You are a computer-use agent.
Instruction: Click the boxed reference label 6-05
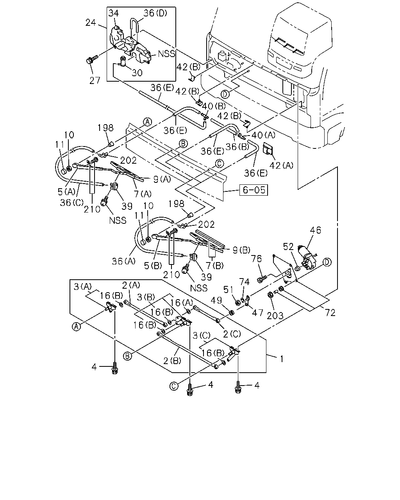coord(254,190)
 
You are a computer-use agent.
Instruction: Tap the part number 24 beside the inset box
coord(91,23)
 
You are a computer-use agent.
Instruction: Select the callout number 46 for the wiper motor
coord(315,230)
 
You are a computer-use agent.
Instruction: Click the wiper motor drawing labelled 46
coord(306,258)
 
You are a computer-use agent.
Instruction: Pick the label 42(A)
coord(282,165)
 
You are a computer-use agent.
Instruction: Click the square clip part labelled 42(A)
coord(268,148)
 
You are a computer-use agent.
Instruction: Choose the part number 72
coord(330,313)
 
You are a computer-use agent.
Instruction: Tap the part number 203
coord(275,316)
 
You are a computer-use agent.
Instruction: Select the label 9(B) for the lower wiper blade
coord(241,250)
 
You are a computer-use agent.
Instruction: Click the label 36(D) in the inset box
coord(155,13)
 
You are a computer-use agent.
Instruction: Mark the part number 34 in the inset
coord(114,13)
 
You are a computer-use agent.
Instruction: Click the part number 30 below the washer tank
coord(137,73)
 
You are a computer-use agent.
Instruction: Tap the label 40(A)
coord(263,135)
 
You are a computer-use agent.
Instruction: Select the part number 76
coord(256,259)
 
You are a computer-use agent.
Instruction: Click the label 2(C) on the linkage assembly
coord(232,334)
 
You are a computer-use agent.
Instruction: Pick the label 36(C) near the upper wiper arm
coord(71,203)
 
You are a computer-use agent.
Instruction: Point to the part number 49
coord(216,300)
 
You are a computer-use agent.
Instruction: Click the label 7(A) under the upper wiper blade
coord(142,194)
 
